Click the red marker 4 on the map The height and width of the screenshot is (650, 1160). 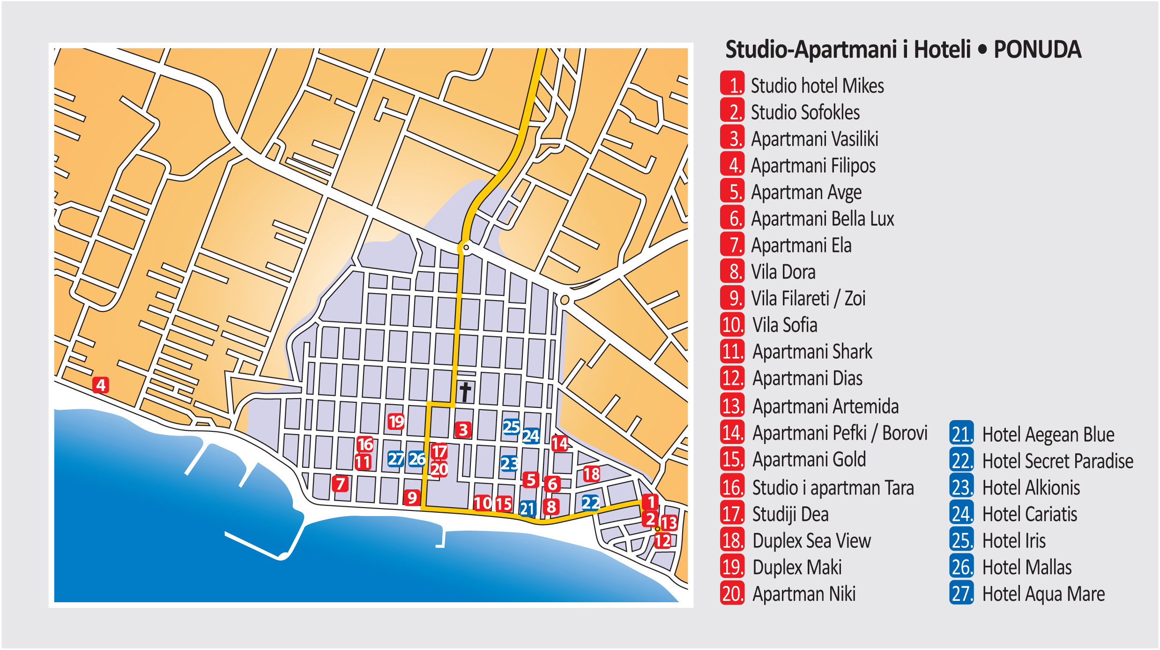click(100, 385)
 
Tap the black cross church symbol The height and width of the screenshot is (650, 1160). click(465, 392)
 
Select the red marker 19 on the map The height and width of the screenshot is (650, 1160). click(396, 421)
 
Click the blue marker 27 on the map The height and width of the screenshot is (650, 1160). click(395, 459)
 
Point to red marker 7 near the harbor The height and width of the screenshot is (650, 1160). click(340, 483)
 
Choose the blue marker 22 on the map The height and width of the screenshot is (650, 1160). click(590, 503)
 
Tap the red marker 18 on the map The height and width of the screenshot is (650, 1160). click(591, 474)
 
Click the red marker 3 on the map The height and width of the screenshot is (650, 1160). click(463, 429)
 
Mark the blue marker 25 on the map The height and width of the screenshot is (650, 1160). click(511, 427)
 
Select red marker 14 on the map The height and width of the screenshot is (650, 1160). click(559, 443)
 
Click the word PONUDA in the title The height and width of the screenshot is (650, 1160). click(1037, 50)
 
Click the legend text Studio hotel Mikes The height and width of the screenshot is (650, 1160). click(817, 86)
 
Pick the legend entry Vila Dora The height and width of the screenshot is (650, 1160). click(783, 272)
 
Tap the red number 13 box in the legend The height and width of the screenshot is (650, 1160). click(732, 406)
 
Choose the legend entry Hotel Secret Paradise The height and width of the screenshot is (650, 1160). click(1057, 461)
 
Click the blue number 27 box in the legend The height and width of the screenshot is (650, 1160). click(961, 593)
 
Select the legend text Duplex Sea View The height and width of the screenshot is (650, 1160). click(811, 541)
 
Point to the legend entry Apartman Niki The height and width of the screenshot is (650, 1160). click(804, 594)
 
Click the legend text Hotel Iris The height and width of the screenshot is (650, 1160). click(1014, 541)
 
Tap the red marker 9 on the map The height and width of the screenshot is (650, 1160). click(412, 497)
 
